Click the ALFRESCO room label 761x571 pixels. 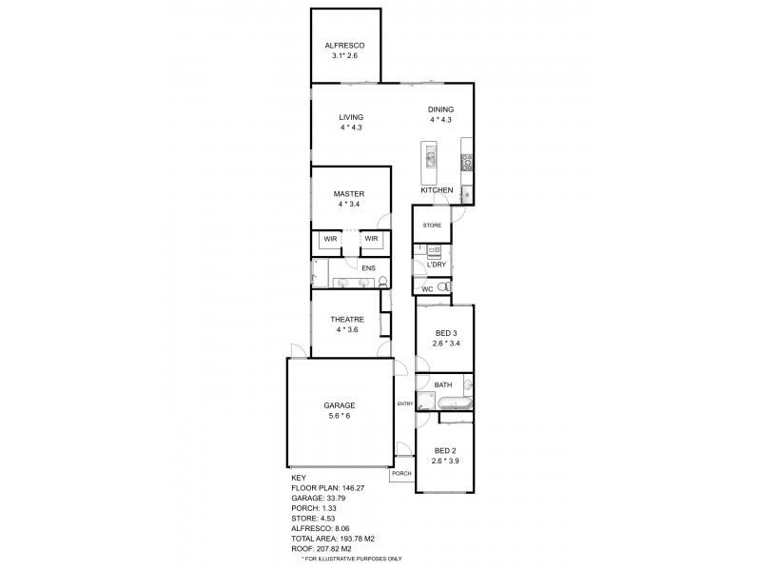tap(340, 45)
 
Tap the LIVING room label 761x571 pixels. tap(351, 117)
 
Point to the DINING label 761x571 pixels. tap(439, 109)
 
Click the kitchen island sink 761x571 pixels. tap(430, 159)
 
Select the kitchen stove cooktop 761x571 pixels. tap(467, 162)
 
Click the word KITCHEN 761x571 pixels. tap(437, 191)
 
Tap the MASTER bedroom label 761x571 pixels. tap(349, 193)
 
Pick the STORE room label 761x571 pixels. tap(433, 225)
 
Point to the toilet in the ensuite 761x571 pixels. tap(381, 281)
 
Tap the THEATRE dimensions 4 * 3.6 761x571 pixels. tap(342, 329)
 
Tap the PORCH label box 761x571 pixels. tap(401, 473)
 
